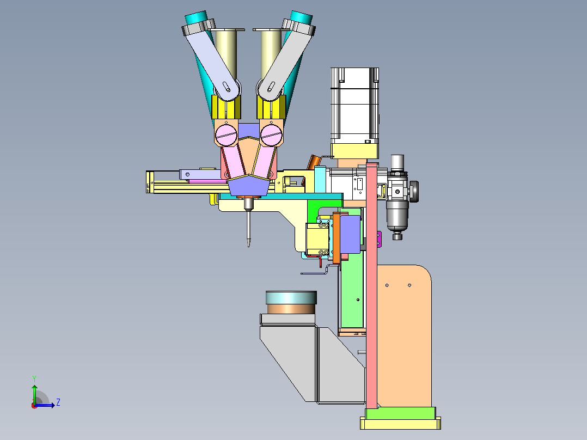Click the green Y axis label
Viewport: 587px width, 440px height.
pos(34,378)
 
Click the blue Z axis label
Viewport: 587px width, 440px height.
pos(58,402)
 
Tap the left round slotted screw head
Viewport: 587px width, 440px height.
pos(226,135)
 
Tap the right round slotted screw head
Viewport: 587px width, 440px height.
pos(271,135)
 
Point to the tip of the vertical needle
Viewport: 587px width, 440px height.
pos(249,246)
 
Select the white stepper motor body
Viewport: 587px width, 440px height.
pos(354,106)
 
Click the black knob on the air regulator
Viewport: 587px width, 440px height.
pos(414,191)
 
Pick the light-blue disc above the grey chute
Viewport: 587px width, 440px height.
pos(291,297)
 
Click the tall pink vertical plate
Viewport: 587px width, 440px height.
pos(371,285)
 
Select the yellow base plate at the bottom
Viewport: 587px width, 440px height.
pos(400,424)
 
